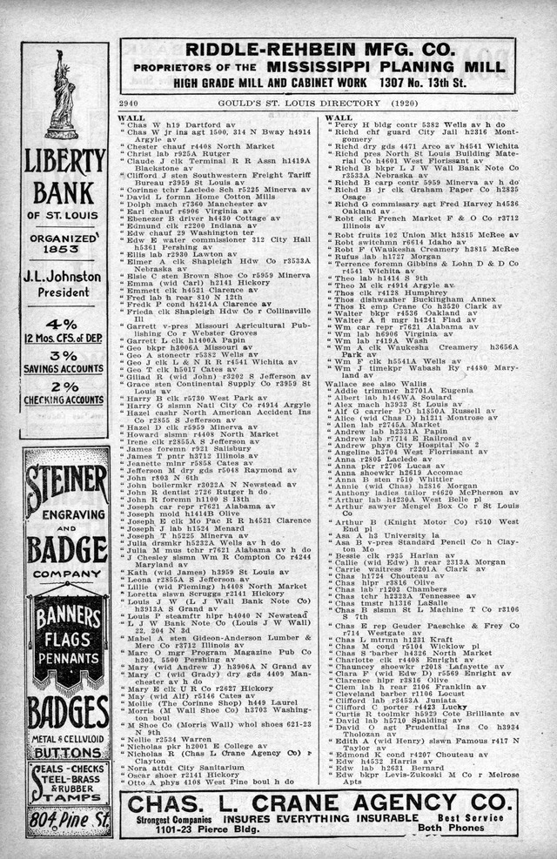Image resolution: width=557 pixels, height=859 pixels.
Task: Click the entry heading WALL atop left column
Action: (131, 117)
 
